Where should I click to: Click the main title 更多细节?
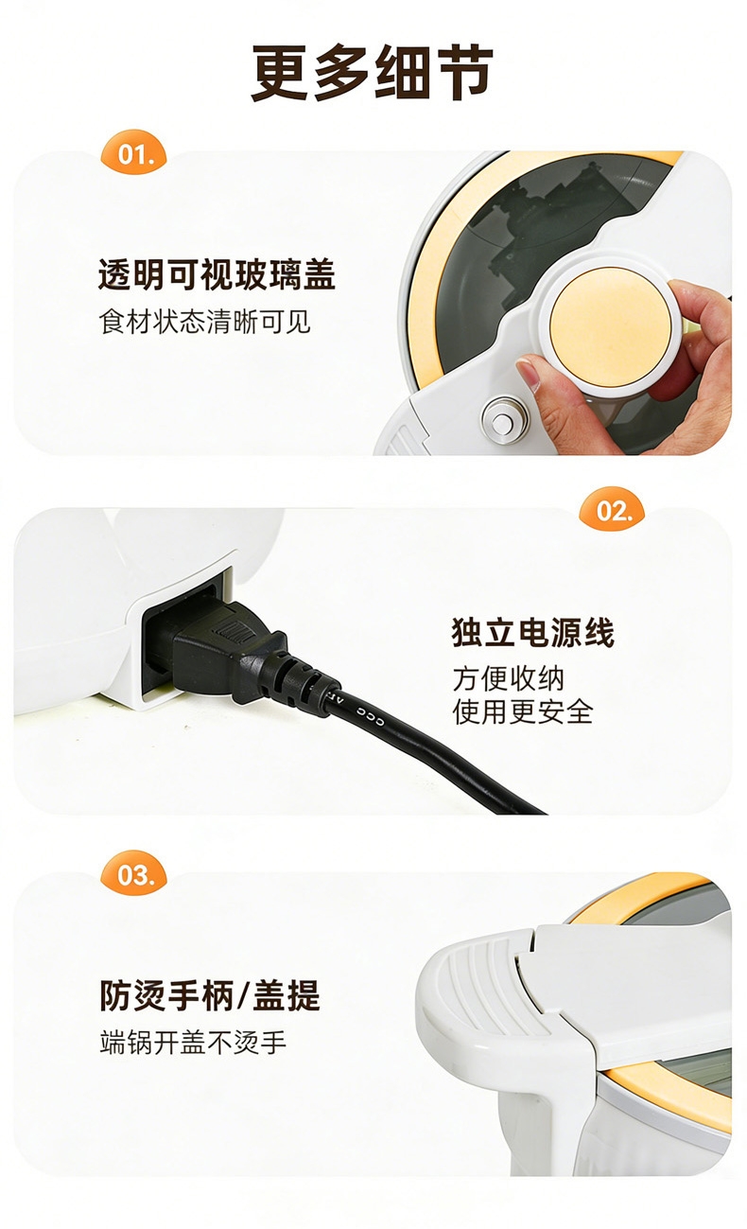click(x=373, y=72)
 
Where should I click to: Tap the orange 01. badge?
click(x=134, y=153)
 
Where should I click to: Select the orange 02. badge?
click(x=612, y=510)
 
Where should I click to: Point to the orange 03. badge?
click(x=133, y=873)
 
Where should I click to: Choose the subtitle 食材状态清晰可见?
click(x=204, y=322)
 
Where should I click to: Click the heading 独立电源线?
click(x=532, y=633)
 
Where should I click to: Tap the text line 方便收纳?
click(x=508, y=678)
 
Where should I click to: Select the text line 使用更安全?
click(x=523, y=711)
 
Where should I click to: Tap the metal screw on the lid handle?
click(x=503, y=421)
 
